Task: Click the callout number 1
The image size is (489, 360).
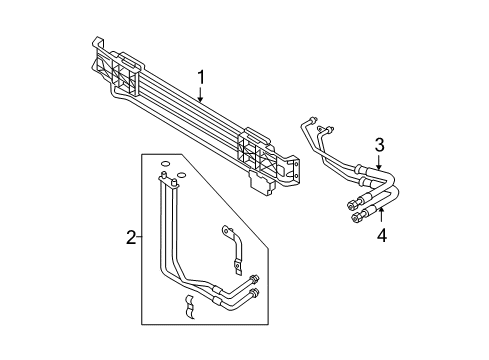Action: tap(201, 77)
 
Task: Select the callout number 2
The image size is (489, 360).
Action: tap(131, 237)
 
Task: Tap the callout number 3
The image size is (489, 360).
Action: tap(379, 145)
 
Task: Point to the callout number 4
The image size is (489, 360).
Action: tap(382, 235)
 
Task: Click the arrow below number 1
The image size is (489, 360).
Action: tap(200, 95)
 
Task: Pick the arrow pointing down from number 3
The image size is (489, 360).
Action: tap(379, 161)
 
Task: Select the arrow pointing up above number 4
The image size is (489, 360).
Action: tap(382, 214)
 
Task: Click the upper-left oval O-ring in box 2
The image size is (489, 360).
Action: tap(165, 164)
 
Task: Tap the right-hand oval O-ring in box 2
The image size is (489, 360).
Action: tap(181, 175)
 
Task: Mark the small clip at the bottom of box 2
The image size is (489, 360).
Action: tap(189, 306)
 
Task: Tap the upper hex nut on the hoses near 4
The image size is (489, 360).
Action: tap(351, 205)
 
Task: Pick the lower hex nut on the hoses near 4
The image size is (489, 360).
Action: tap(356, 218)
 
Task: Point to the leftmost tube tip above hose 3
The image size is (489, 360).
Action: tap(313, 119)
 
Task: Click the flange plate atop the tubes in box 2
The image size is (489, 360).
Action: tap(169, 181)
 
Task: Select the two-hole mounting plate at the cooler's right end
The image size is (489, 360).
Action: tap(295, 169)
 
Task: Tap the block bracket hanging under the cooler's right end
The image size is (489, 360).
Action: tap(262, 183)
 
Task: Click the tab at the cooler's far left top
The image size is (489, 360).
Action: tap(97, 43)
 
